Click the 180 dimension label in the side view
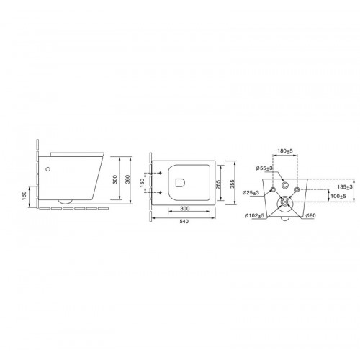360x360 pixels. coord(23,196)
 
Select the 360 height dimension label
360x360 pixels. coord(128,179)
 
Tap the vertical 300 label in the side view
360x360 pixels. coord(115,179)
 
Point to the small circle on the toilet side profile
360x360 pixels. coord(48,169)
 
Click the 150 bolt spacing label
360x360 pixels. coord(142,183)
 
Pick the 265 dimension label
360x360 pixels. coord(218,184)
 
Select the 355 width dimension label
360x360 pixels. coord(232,184)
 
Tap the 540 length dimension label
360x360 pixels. coord(184,221)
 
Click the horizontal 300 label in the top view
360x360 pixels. coord(185,209)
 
